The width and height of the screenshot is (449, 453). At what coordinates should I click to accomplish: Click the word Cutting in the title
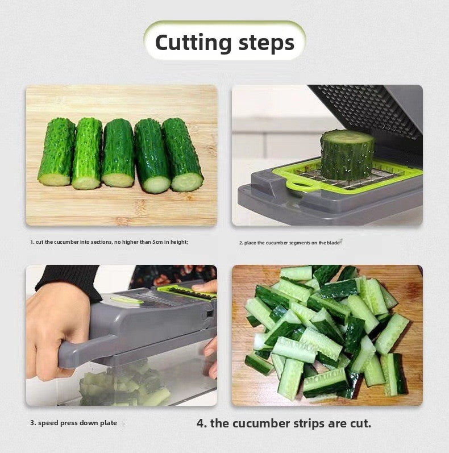tap(193, 43)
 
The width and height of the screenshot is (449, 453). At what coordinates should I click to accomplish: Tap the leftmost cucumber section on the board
tap(56, 152)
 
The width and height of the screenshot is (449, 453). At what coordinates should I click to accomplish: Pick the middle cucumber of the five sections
tap(118, 152)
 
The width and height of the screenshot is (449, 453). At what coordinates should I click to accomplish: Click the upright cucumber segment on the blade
tap(347, 155)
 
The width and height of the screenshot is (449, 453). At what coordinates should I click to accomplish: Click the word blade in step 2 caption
tap(333, 243)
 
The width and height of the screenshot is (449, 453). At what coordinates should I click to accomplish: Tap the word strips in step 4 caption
tap(303, 423)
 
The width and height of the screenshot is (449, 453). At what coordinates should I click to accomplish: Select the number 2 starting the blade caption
tap(240, 243)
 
